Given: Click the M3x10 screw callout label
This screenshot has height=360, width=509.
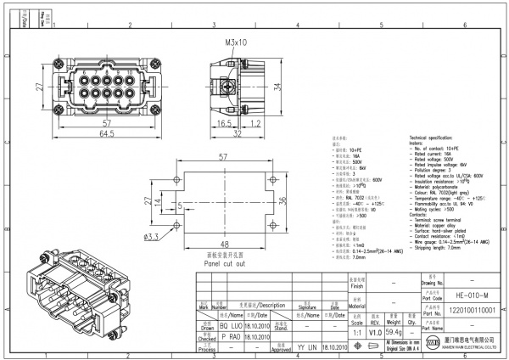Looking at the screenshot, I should coord(237,42).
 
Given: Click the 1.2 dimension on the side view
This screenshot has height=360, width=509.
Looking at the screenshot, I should coord(254,123).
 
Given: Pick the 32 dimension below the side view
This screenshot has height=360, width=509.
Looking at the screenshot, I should coord(238,133).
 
